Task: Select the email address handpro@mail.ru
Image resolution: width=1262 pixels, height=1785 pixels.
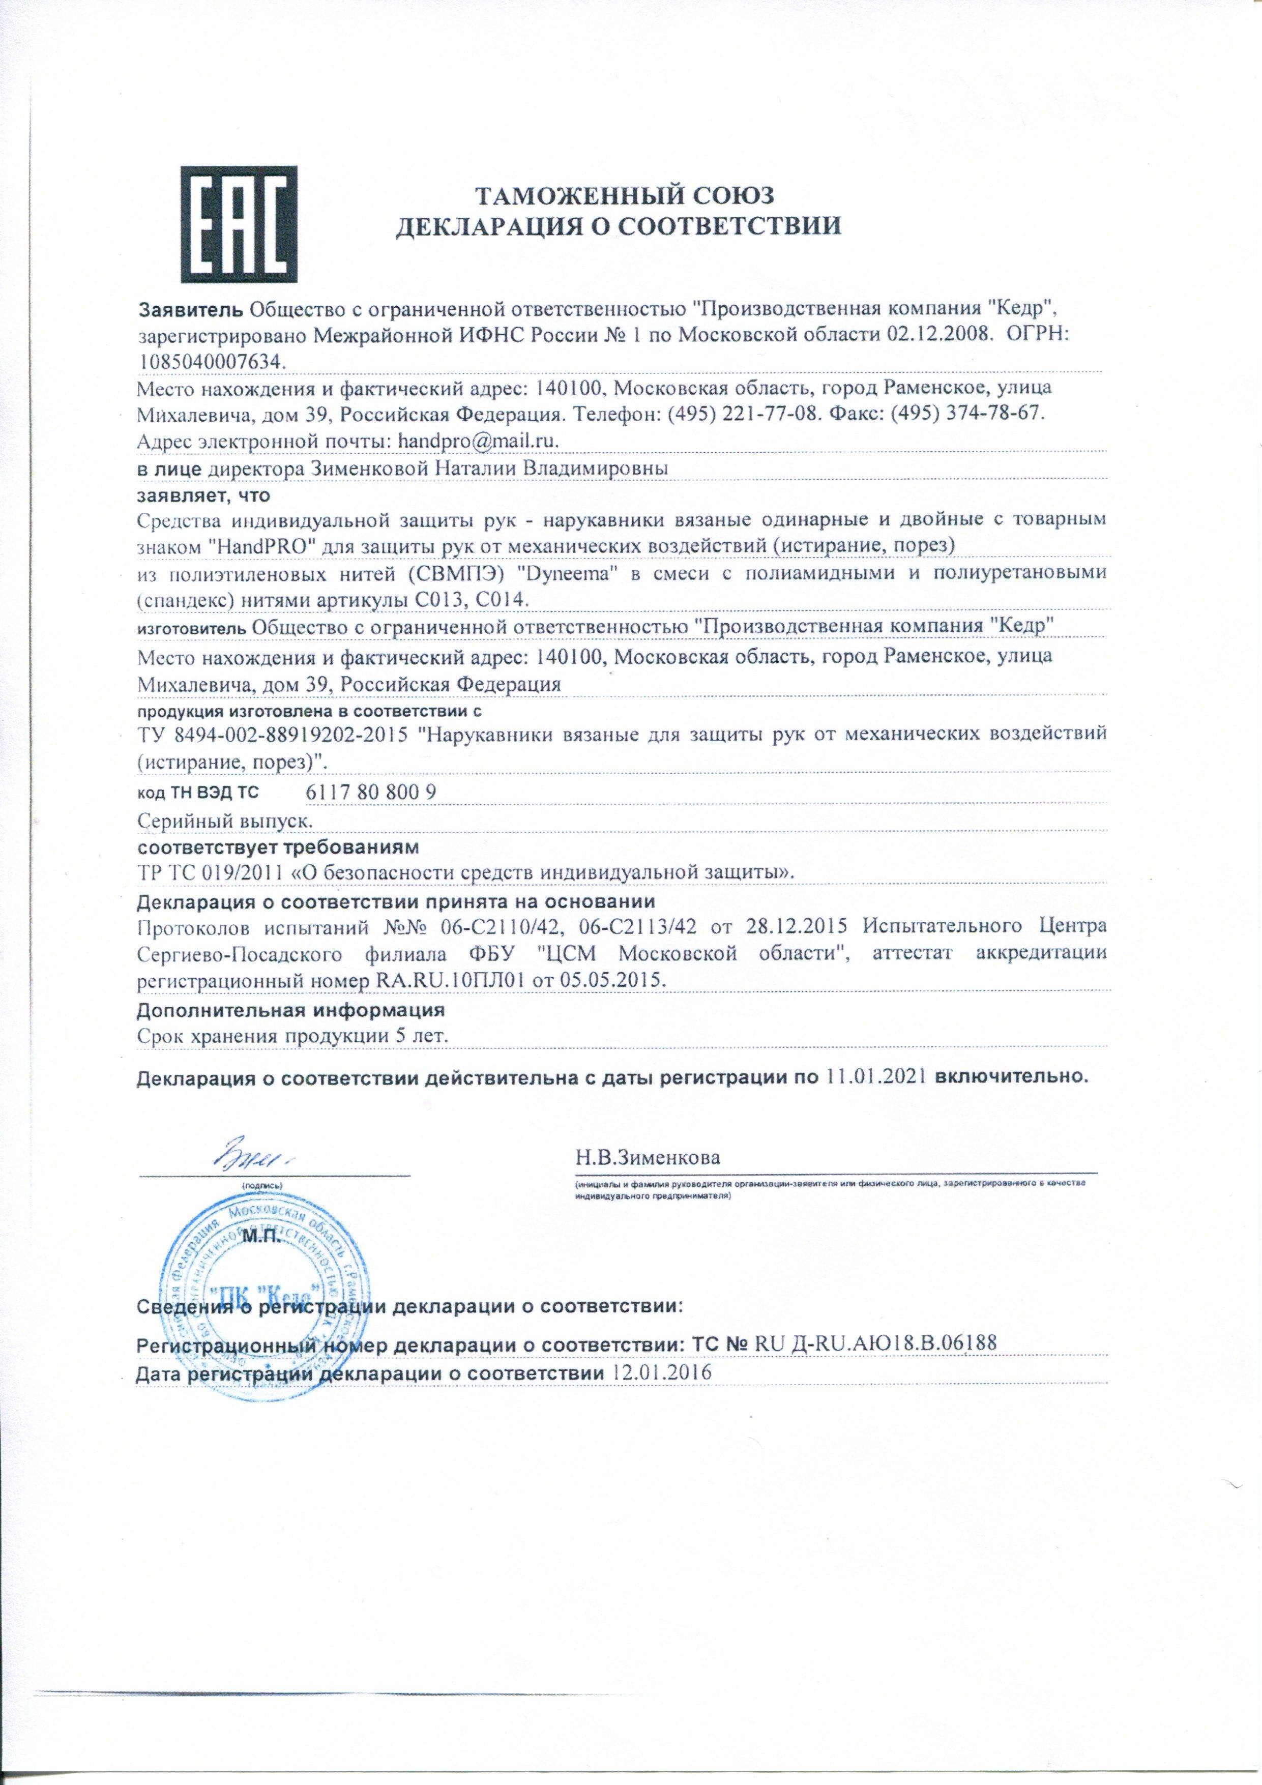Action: pyautogui.click(x=478, y=441)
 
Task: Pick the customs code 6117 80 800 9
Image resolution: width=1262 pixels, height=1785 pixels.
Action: pyautogui.click(x=372, y=792)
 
